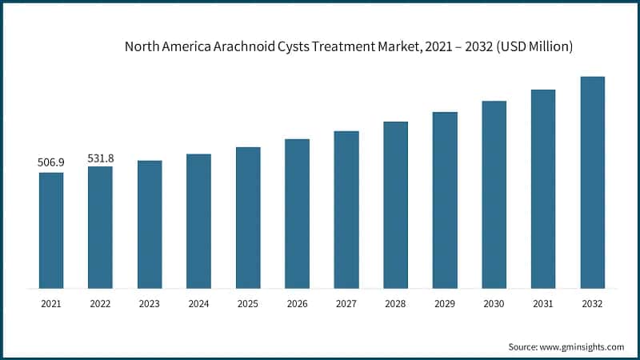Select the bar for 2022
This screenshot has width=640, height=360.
click(100, 227)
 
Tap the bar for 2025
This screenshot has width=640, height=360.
click(248, 218)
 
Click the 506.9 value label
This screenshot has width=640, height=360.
click(51, 162)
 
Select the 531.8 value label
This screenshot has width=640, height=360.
click(100, 157)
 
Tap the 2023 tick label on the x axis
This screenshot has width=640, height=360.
click(150, 304)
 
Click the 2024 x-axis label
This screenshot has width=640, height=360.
click(198, 304)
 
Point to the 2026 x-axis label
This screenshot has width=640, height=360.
click(297, 304)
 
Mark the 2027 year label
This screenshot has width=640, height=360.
click(346, 304)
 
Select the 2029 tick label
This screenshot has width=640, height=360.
click(445, 304)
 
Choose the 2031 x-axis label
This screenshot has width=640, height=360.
click(543, 304)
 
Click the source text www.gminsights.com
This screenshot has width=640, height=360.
click(583, 346)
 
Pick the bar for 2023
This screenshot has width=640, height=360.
click(150, 225)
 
